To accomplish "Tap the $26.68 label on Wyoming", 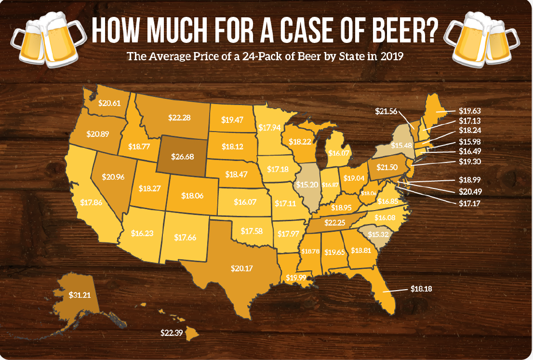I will [183, 157].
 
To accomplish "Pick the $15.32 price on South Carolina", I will [378, 234].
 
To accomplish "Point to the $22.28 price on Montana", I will [179, 117].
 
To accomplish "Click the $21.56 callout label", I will [386, 111].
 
